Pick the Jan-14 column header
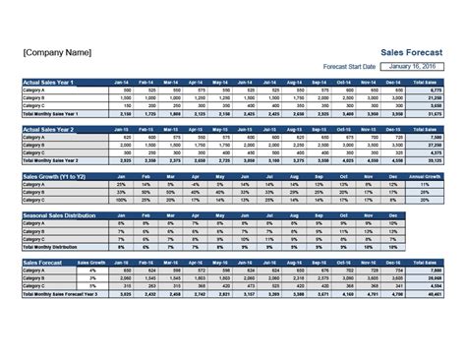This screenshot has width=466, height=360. [122, 82]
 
